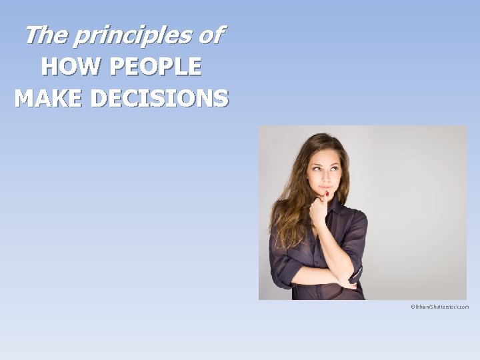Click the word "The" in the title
pos(45,35)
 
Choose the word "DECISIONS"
pos(159,98)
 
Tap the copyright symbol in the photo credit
pos(413,307)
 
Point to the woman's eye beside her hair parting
pos(317,168)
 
